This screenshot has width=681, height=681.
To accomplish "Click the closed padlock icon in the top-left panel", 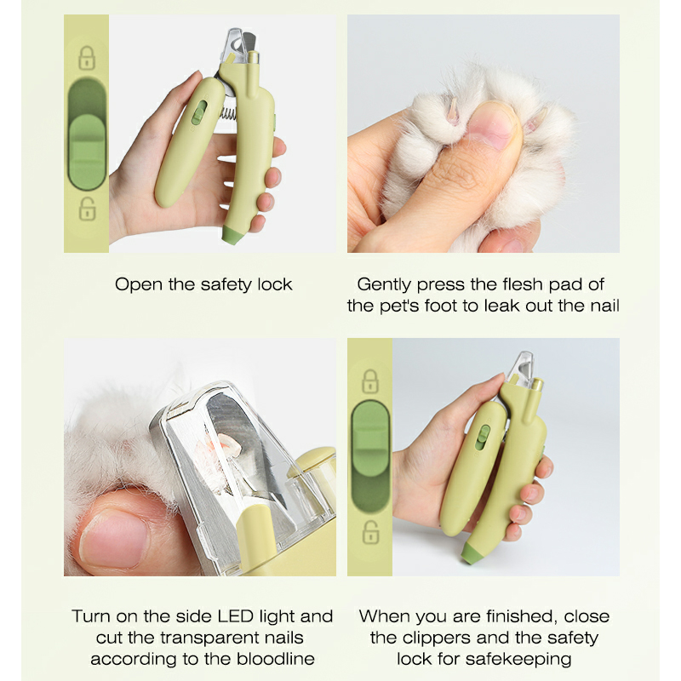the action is coord(87,58).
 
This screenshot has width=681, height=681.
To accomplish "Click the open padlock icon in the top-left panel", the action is coord(87,209).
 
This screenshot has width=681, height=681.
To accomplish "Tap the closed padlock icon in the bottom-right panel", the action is coord(370,381).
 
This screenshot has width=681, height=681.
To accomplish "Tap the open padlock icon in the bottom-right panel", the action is coord(370,532).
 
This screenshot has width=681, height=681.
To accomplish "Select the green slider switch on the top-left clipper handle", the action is coord(198,113).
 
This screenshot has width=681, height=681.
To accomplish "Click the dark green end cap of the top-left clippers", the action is coord(232,234).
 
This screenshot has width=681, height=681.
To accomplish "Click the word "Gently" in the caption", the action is coord(385,285).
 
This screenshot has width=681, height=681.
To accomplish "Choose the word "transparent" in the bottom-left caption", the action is coord(209,638).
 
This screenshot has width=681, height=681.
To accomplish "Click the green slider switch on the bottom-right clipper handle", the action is coord(482,438).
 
